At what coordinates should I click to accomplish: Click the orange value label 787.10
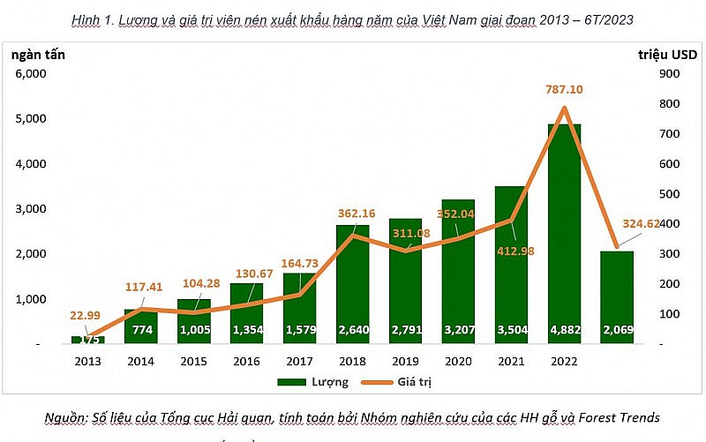coord(565,89)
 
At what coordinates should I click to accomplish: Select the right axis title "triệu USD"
coord(667,54)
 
